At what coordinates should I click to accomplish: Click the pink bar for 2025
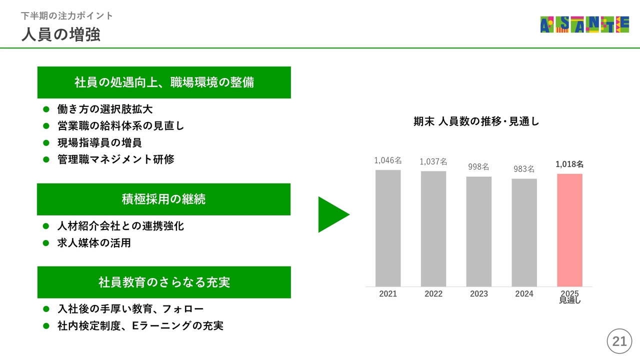pyautogui.click(x=569, y=230)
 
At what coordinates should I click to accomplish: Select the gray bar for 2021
pyautogui.click(x=388, y=228)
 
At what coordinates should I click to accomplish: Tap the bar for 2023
pyautogui.click(x=479, y=231)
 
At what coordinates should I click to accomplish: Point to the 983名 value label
pyautogui.click(x=524, y=169)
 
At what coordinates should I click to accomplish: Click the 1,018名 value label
pyautogui.click(x=569, y=164)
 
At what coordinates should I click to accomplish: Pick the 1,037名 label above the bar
pyautogui.click(x=433, y=161)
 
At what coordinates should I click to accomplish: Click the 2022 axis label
pyautogui.click(x=433, y=293)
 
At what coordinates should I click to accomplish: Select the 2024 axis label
pyautogui.click(x=524, y=293)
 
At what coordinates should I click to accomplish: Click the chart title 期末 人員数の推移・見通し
pyautogui.click(x=476, y=121)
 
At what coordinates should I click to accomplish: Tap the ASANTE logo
pyautogui.click(x=584, y=24)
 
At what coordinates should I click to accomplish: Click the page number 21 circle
pyautogui.click(x=619, y=341)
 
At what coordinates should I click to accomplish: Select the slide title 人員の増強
pyautogui.click(x=61, y=34)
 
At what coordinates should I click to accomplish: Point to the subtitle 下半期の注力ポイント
pyautogui.click(x=67, y=15)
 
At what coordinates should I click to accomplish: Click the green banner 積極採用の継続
pyautogui.click(x=163, y=199)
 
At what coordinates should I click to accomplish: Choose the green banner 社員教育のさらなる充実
pyautogui.click(x=164, y=282)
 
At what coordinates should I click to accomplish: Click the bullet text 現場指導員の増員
pyautogui.click(x=99, y=142)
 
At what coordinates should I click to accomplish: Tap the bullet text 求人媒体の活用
pyautogui.click(x=94, y=243)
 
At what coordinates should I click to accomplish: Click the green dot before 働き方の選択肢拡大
pyautogui.click(x=46, y=109)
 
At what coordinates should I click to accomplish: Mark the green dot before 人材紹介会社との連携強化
pyautogui.click(x=46, y=226)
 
